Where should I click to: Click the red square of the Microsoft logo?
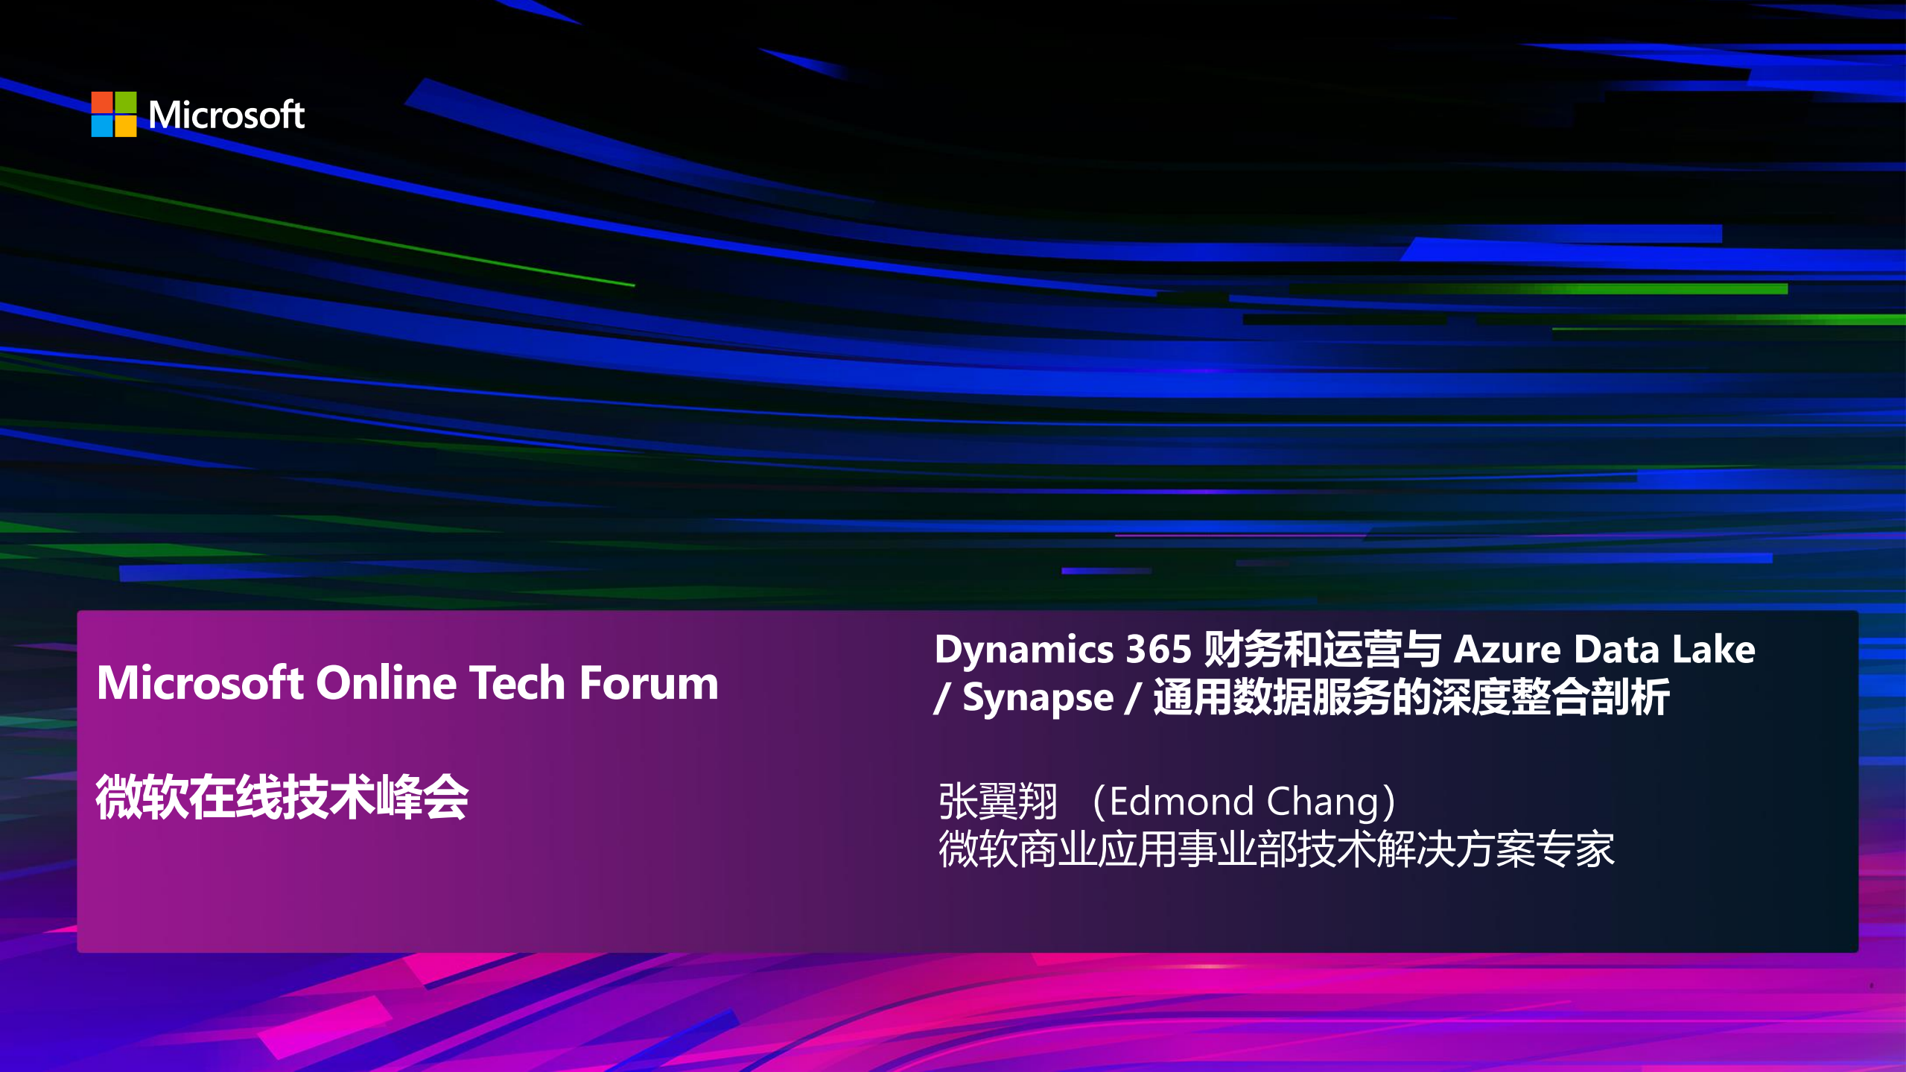tap(102, 102)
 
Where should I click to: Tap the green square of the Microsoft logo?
tap(126, 102)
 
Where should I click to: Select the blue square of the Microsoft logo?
tap(102, 126)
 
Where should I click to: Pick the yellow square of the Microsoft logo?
tap(126, 126)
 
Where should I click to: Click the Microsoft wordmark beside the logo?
tap(226, 115)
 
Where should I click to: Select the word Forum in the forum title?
tap(649, 683)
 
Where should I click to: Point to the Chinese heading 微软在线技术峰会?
tap(282, 798)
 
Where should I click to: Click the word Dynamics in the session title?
tap(1024, 650)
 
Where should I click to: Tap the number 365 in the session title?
tap(1158, 650)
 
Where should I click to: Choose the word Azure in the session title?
tap(1507, 650)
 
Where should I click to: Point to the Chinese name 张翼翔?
tap(997, 802)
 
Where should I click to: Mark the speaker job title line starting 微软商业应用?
tap(1276, 849)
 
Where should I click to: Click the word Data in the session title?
tap(1616, 650)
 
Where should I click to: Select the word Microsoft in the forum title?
tap(200, 683)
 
